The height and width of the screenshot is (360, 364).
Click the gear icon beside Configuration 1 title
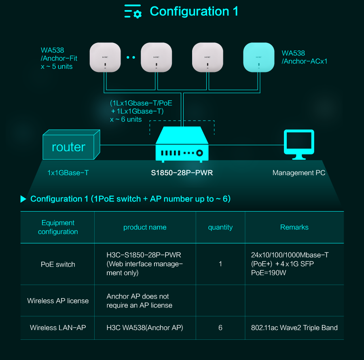pos(138,14)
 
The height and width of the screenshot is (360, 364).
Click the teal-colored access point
pos(258,57)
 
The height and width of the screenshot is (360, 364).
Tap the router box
pos(71,144)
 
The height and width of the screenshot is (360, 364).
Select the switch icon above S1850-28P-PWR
pos(182,144)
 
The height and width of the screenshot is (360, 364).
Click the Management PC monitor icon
pos(299,144)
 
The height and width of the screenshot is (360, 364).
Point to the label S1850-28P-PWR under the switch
pos(182,173)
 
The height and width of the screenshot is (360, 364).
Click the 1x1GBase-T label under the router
pos(68,173)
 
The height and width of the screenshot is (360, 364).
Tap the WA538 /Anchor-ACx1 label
pos(304,57)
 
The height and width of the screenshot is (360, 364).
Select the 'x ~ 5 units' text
pos(57,67)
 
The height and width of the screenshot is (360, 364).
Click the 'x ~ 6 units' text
pos(126,119)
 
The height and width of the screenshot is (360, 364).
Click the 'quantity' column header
pos(220,227)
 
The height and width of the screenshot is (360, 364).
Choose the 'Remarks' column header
pos(294,227)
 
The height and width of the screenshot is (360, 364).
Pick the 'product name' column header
pos(145,227)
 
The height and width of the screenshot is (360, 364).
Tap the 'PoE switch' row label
pos(58,265)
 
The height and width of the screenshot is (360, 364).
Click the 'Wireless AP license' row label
pos(58,301)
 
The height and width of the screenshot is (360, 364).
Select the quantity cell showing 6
pos(220,328)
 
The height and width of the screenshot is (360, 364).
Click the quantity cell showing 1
pos(220,264)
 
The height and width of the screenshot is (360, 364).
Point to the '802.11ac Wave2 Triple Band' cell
pos(294,328)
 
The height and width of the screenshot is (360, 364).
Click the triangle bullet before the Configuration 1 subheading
pos(23,199)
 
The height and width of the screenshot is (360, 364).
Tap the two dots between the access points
pos(131,57)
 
